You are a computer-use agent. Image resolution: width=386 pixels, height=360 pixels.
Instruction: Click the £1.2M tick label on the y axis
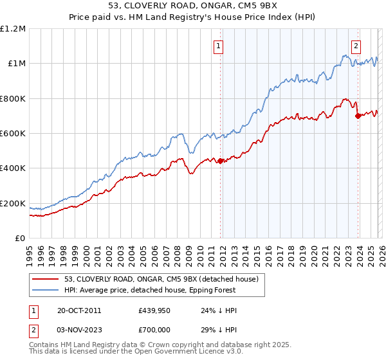coord(13,28)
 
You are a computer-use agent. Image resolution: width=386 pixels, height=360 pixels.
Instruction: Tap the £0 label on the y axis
coord(20,238)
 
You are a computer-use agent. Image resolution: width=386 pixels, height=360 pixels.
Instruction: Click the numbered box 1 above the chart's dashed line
coord(219,46)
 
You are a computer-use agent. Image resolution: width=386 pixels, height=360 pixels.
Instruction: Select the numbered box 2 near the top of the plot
coord(356,46)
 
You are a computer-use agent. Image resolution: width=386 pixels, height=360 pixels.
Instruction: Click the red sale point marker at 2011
coord(220,161)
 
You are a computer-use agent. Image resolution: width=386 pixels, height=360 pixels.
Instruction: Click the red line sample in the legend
coord(45,279)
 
